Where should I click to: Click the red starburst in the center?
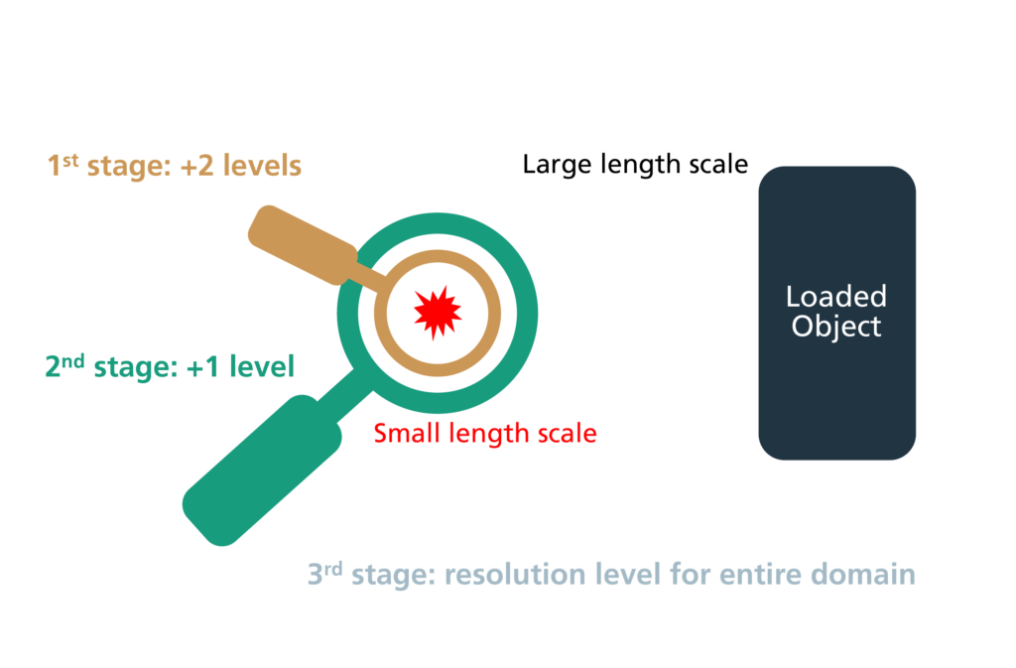[438, 313]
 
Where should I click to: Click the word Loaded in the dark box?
[835, 297]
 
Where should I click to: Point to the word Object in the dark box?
[835, 327]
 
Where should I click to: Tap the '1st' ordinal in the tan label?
[63, 165]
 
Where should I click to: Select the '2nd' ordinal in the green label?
[64, 365]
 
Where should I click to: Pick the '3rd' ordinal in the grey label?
[324, 574]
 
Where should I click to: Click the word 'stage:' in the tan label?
[129, 167]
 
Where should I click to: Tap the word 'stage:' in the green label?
[135, 368]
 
